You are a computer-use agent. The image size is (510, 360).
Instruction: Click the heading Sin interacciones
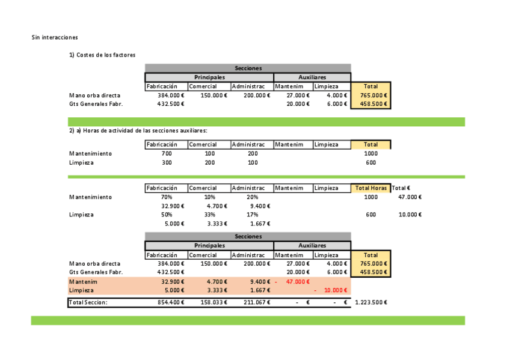(55, 37)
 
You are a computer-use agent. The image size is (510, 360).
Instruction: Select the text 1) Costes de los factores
(102, 55)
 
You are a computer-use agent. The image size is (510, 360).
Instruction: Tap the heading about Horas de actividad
(138, 130)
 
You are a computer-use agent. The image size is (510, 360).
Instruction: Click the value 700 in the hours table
(167, 153)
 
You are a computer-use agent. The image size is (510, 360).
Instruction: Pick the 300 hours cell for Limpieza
(167, 162)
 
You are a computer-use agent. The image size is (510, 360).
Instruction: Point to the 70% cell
(167, 197)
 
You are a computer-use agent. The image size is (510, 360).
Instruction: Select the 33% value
(210, 215)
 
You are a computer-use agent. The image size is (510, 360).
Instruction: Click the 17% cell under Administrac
(253, 215)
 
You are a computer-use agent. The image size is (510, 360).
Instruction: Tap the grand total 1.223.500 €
(371, 302)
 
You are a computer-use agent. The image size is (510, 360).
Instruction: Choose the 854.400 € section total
(171, 302)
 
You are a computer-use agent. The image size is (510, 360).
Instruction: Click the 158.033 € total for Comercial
(214, 302)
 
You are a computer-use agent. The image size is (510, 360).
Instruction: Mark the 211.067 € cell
(257, 302)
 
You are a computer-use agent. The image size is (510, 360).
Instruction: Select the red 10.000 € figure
(336, 290)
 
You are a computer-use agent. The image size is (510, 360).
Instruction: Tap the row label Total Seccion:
(88, 302)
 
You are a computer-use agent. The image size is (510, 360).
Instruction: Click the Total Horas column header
(370, 188)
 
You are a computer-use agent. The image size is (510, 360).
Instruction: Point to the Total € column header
(401, 188)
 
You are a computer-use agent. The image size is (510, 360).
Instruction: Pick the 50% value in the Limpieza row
(167, 215)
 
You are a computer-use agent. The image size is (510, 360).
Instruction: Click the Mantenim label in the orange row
(83, 281)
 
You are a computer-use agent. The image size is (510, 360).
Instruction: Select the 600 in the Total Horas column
(370, 215)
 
